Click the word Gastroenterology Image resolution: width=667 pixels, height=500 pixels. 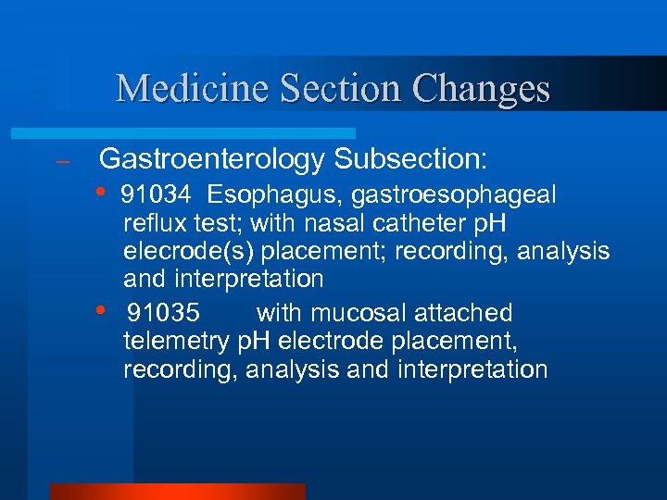point(212,159)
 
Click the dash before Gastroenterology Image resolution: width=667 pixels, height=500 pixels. point(63,161)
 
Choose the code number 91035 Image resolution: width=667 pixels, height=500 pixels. point(163,313)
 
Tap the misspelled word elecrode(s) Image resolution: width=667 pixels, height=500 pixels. point(191,252)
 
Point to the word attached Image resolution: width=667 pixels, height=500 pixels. point(466,313)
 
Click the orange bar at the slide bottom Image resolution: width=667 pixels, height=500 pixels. point(177,491)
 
